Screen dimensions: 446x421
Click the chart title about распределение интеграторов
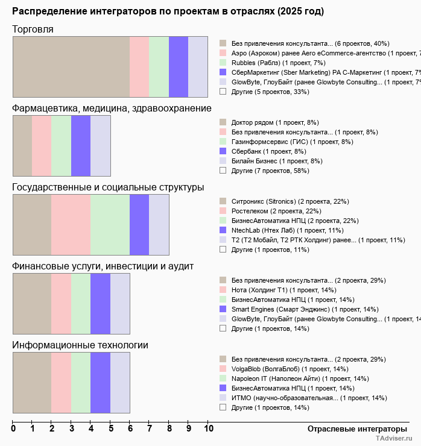[x=168, y=11]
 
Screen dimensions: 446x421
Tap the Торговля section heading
[x=33, y=29]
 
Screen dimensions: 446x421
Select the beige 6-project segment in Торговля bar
[x=71, y=66]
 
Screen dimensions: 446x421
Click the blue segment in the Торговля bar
[x=179, y=66]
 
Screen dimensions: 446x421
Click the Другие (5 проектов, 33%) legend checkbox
[x=223, y=92]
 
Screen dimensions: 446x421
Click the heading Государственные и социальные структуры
[x=108, y=187]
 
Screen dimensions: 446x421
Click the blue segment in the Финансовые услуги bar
[x=100, y=303]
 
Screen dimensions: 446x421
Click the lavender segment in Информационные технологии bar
[x=120, y=382]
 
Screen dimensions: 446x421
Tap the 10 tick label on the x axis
[x=208, y=429]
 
